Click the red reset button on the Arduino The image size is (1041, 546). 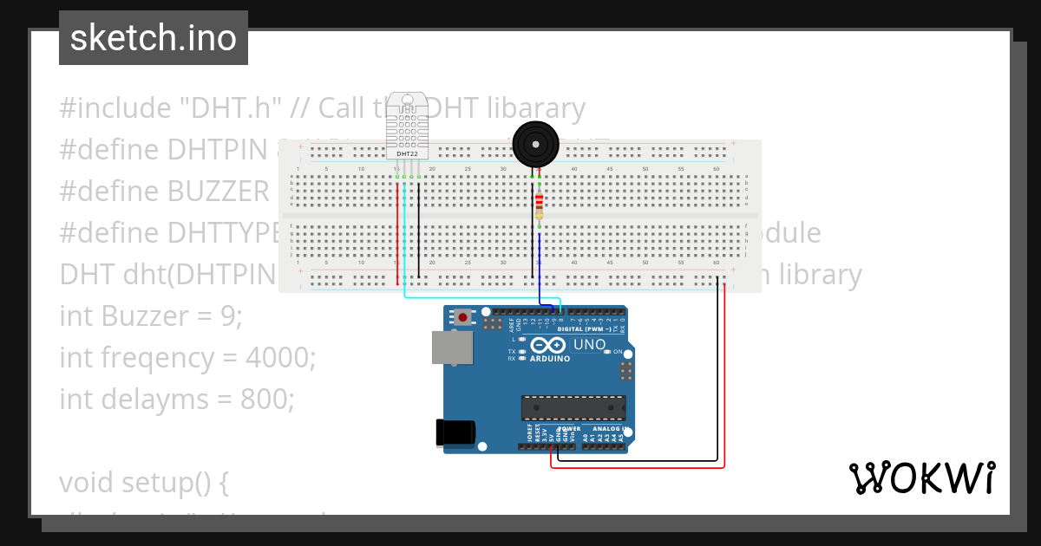tap(463, 318)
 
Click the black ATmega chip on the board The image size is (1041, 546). tap(573, 407)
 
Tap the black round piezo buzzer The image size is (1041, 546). tap(534, 144)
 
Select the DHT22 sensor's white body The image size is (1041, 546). tap(407, 126)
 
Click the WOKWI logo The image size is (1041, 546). tap(921, 478)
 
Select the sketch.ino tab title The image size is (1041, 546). tap(154, 38)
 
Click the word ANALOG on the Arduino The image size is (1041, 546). tap(605, 428)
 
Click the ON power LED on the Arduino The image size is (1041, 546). tap(607, 352)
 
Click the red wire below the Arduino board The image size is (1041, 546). tap(638, 468)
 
